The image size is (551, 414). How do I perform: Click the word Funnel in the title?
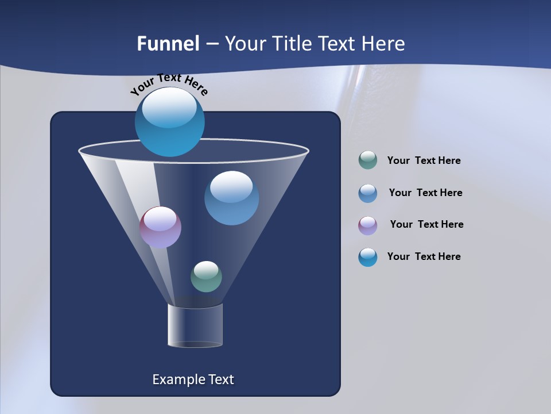168,44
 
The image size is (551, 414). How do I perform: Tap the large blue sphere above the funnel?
170,122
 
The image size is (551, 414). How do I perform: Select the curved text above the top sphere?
169,84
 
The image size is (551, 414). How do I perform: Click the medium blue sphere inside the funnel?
231,198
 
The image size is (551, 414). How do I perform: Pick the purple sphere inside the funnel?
160,227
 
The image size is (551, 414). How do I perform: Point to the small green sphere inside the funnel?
206,277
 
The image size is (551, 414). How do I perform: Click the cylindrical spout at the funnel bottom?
195,325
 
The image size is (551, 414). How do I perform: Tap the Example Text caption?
193,379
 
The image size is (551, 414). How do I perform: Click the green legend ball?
368,160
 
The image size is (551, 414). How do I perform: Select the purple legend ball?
368,225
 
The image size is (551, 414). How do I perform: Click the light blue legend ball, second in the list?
368,193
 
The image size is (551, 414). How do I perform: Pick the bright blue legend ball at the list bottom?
368,257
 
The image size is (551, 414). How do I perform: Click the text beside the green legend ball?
424,161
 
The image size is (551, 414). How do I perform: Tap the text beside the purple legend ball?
426,225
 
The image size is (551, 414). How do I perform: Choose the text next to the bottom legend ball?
424,257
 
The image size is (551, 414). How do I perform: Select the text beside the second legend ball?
425,193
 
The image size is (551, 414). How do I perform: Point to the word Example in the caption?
177,379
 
